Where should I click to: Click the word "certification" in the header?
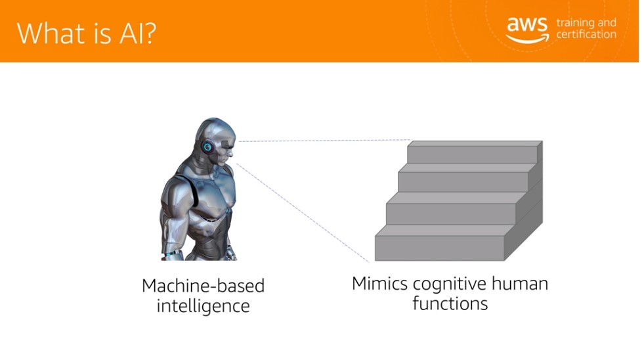pyautogui.click(x=586, y=34)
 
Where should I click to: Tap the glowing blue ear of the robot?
pyautogui.click(x=207, y=146)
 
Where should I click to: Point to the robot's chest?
pyautogui.click(x=213, y=200)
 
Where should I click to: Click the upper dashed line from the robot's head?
pyautogui.click(x=324, y=141)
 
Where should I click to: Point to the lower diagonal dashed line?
pyautogui.click(x=303, y=213)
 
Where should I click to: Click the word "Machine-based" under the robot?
pyautogui.click(x=203, y=286)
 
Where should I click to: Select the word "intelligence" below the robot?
pyautogui.click(x=203, y=306)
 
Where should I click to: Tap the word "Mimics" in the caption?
pyautogui.click(x=379, y=283)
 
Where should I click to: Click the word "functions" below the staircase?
pyautogui.click(x=450, y=304)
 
